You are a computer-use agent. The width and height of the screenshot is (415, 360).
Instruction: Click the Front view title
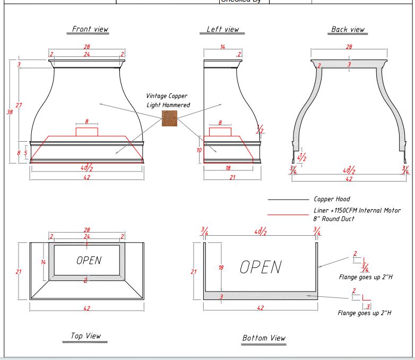(x=88, y=29)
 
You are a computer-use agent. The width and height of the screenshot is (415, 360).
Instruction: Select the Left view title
(x=223, y=29)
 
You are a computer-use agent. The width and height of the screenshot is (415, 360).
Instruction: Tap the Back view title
(x=348, y=30)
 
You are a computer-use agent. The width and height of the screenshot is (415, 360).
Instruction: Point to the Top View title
(x=85, y=336)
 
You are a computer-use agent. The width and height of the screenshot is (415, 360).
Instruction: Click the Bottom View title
(x=264, y=338)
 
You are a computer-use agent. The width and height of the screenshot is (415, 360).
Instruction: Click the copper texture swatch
(x=169, y=118)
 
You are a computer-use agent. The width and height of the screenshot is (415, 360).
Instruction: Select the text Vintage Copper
(x=167, y=96)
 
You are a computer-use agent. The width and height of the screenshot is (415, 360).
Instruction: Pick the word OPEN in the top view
(x=89, y=261)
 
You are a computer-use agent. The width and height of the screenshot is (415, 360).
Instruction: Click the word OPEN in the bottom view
(x=261, y=267)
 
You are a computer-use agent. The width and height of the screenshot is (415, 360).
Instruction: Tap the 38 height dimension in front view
(x=10, y=112)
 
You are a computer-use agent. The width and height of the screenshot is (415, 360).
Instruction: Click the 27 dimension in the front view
(x=19, y=105)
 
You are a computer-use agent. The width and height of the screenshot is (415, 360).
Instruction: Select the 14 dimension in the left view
(x=223, y=47)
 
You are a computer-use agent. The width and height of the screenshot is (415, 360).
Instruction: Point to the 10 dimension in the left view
(x=199, y=150)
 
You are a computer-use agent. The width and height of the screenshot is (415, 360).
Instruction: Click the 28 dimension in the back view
(x=349, y=47)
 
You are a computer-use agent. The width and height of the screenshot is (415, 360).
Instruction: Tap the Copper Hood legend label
(x=332, y=199)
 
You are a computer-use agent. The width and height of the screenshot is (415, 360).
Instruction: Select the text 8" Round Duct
(x=334, y=219)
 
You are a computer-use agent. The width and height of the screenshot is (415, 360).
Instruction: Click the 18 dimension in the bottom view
(x=221, y=268)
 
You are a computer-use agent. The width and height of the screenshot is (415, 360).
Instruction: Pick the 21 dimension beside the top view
(x=19, y=272)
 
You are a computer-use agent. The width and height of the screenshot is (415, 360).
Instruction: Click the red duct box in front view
(x=87, y=132)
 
